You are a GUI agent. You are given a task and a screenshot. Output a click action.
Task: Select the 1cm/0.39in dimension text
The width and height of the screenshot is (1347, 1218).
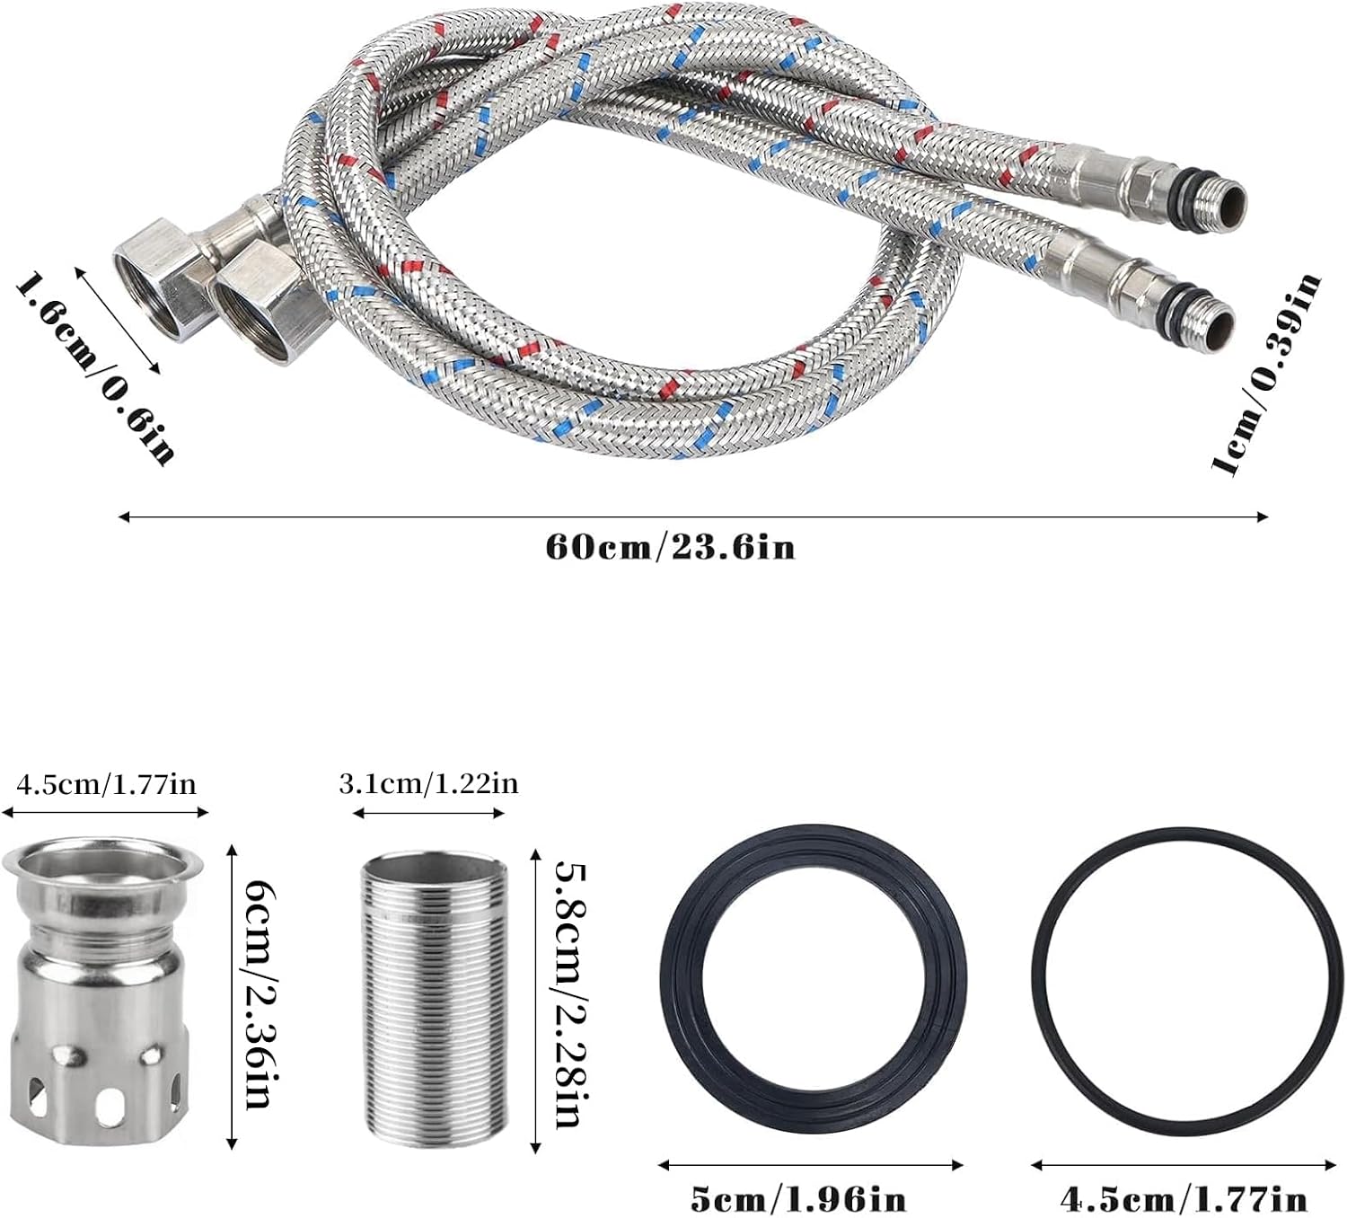tap(1265, 375)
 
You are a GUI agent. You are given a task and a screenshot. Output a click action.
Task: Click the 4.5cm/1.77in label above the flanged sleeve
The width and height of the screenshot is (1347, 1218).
tap(106, 785)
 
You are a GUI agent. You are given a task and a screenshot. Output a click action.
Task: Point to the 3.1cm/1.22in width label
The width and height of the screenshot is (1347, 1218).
tap(428, 785)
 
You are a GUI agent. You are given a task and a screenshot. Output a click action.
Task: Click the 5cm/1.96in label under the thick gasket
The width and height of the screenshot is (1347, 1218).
tap(798, 1198)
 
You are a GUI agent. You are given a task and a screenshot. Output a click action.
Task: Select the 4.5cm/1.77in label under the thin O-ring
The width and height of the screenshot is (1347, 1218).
tap(1184, 1198)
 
